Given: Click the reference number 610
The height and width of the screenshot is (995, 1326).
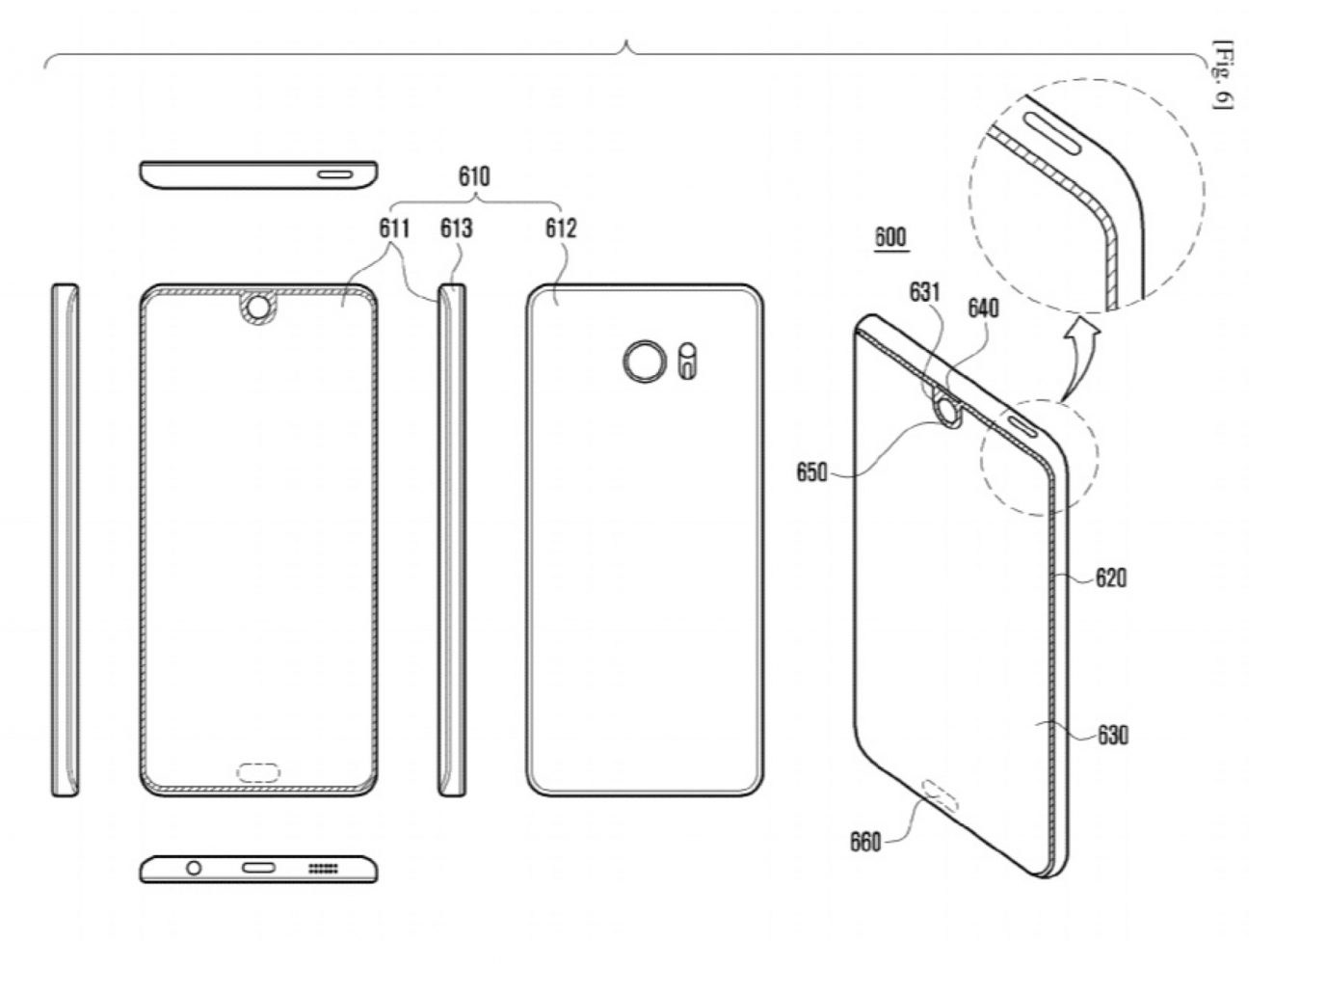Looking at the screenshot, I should point(473,176).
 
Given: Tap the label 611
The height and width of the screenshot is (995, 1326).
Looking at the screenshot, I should point(394,229).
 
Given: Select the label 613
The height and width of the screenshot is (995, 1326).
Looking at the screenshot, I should point(456,229).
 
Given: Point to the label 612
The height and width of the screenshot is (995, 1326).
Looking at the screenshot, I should point(560,229).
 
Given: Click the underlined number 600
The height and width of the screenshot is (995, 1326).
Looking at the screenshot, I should point(889,236).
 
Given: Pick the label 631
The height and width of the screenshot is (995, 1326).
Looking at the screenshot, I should point(924,291).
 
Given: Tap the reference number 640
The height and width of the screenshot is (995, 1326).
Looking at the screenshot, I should point(983,308).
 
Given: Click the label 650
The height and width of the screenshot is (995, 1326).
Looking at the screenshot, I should point(811,472).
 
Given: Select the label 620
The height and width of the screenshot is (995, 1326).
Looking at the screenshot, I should point(1110,578).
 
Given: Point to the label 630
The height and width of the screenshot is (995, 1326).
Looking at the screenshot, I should point(1112,736).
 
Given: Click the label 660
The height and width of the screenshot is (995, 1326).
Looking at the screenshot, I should point(864,842).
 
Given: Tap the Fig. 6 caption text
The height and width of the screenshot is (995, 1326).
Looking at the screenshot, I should point(1222,74).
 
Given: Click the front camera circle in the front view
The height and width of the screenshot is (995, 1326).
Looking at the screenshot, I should point(257,307).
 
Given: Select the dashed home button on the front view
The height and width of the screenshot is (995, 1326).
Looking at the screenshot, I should point(257,771).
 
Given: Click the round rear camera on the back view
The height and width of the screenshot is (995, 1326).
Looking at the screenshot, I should point(643,362).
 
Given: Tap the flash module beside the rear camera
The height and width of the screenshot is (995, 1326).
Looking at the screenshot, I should point(687,361).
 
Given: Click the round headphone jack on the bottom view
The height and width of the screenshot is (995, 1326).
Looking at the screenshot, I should point(194,868).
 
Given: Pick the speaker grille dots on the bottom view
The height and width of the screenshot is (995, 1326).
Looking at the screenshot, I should point(323,869).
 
